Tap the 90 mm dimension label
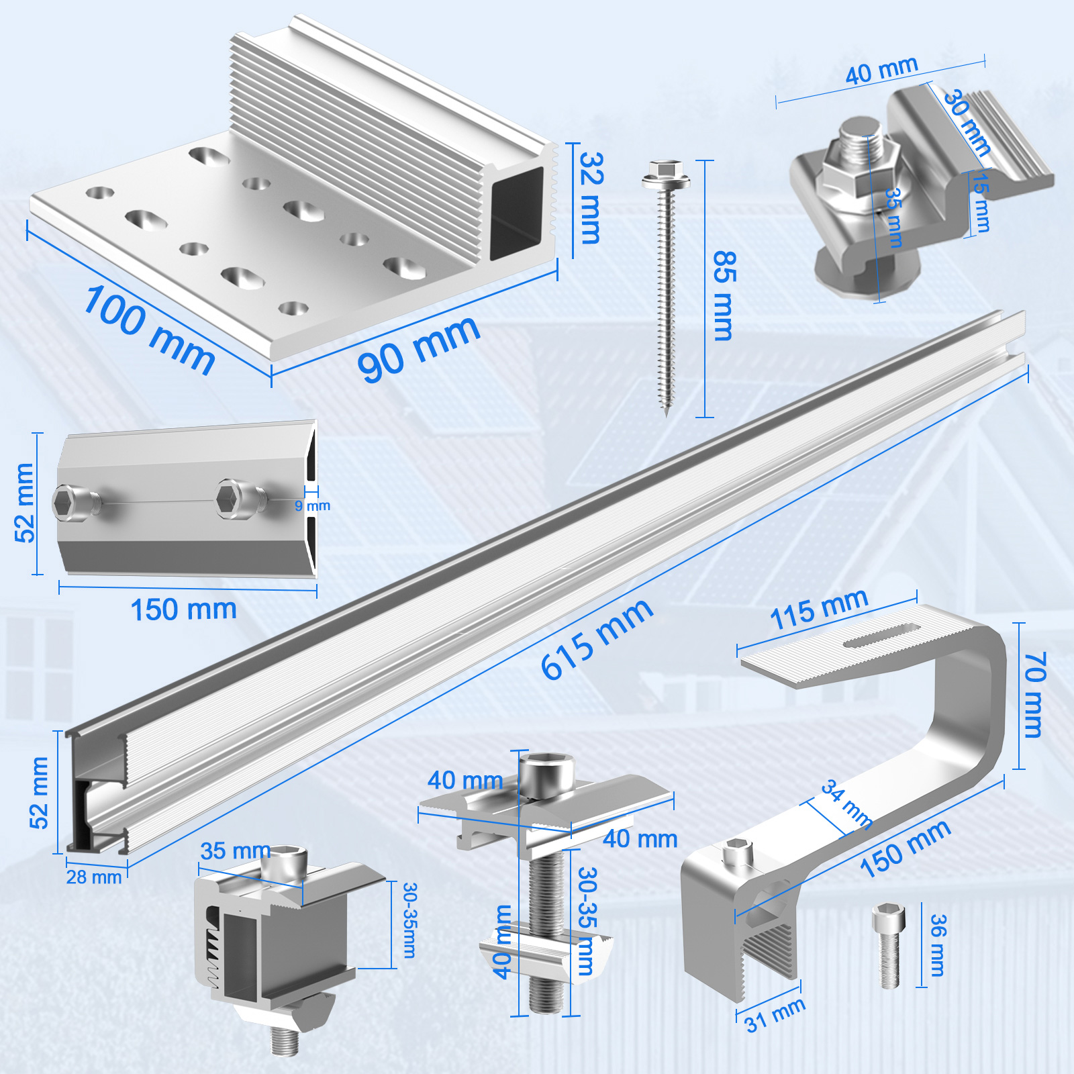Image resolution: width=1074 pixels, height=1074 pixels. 419,349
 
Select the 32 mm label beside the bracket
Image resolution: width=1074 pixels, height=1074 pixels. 591,198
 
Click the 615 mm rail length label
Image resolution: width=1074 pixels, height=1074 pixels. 596,639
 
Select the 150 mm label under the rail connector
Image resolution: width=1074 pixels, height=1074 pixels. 183,609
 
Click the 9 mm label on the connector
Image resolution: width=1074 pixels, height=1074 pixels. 313,505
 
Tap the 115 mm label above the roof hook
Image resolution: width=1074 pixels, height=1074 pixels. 819,609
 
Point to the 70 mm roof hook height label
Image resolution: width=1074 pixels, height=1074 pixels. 1034,695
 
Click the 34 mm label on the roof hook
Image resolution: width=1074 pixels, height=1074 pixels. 847,804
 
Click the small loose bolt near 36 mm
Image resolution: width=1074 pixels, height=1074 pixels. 889,945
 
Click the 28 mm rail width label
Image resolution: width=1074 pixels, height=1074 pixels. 94,877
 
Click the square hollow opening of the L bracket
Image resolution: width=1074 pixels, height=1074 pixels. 516,213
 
